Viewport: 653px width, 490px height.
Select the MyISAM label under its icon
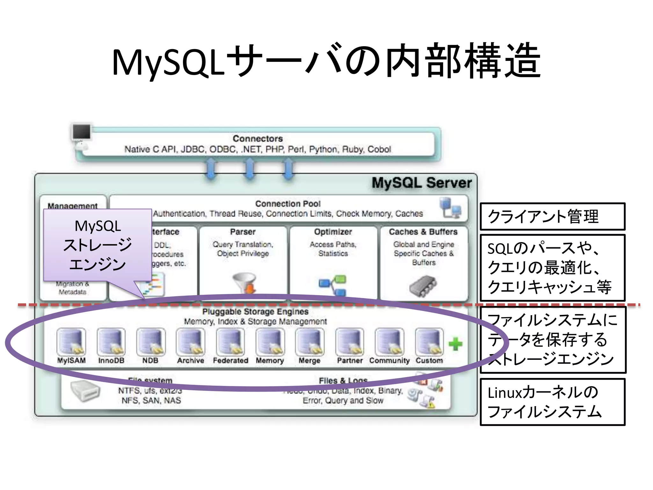click(71, 360)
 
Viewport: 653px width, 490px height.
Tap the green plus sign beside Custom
click(455, 344)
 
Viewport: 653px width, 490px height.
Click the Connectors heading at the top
click(258, 138)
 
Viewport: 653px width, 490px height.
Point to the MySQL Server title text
click(422, 183)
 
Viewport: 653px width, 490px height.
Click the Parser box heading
click(243, 232)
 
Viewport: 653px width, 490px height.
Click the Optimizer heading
click(333, 232)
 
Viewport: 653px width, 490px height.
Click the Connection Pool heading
click(288, 204)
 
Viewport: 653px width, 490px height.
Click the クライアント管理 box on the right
click(552, 216)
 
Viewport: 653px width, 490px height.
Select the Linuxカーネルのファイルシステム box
click(552, 402)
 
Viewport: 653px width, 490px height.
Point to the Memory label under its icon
click(270, 360)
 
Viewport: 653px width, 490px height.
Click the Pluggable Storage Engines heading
click(255, 311)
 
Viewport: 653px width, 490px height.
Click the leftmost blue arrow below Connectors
click(211, 169)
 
